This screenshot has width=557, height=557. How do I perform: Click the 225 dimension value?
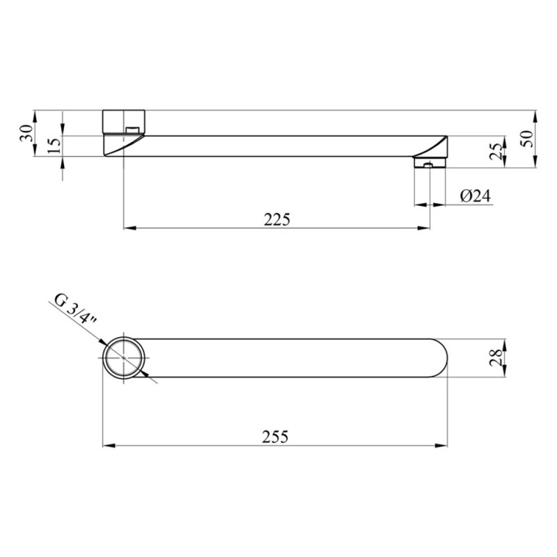tap(276, 219)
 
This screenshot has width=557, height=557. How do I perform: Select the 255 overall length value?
tap(275, 437)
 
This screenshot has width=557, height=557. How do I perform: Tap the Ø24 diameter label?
tap(476, 196)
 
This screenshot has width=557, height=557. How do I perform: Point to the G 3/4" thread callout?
tap(75, 308)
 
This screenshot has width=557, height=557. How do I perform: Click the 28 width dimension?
tap(496, 357)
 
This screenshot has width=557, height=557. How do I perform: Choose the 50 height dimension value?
tap(528, 139)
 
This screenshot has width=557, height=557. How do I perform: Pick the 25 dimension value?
tap(496, 151)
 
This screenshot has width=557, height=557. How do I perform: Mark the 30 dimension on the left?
tap(27, 134)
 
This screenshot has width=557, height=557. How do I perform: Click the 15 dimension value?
tap(54, 146)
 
